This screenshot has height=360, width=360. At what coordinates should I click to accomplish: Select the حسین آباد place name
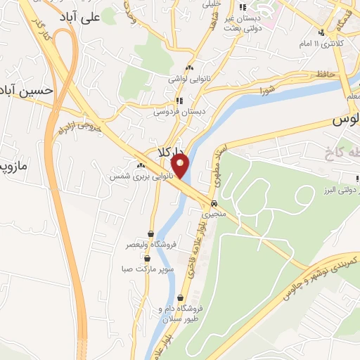27,91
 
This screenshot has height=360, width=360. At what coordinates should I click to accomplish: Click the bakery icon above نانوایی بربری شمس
131,165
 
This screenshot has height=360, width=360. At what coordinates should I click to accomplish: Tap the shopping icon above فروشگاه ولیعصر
150,234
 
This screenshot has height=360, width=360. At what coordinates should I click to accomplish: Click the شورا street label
267,91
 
